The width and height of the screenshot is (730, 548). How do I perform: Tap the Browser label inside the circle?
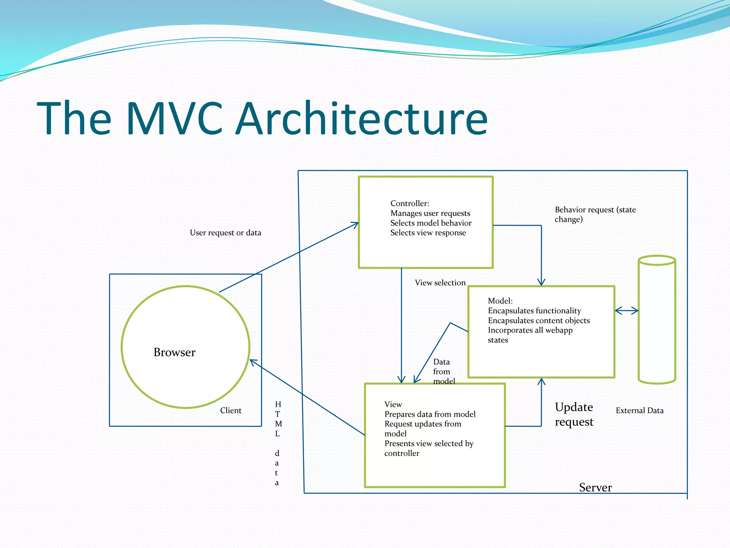[x=174, y=352]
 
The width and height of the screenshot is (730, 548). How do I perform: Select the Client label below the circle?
[x=231, y=410]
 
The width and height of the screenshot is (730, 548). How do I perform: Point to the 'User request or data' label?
[x=225, y=233]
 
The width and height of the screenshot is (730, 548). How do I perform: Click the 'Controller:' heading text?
[x=410, y=203]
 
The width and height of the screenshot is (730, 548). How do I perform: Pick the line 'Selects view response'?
[x=428, y=233]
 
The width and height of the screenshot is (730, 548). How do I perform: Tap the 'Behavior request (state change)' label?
[x=595, y=214]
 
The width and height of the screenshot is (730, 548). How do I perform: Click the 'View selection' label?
[x=440, y=283]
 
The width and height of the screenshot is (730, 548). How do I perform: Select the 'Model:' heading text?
[x=500, y=301]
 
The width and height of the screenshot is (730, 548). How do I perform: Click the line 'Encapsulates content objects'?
[x=539, y=320]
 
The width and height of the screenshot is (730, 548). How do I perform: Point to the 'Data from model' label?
[x=444, y=371]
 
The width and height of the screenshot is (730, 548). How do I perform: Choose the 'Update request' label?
[x=574, y=414]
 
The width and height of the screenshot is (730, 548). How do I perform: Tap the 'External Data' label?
[x=639, y=410]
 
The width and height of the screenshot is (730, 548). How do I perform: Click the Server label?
[x=595, y=487]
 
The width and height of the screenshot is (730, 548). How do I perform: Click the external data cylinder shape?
[x=657, y=321]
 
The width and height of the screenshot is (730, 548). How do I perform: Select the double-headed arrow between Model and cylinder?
[x=626, y=311]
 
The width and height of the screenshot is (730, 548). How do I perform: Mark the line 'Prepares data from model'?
[x=430, y=414]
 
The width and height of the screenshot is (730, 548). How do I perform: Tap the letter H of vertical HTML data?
[x=278, y=404]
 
